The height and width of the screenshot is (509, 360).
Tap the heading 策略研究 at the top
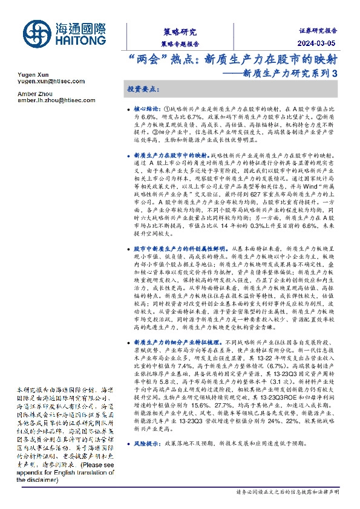(x=180, y=31)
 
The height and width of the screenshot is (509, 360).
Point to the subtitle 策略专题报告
(x=180, y=44)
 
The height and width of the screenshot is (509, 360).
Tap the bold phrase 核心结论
(x=145, y=106)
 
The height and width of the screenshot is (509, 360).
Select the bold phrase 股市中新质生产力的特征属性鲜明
(x=180, y=248)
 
